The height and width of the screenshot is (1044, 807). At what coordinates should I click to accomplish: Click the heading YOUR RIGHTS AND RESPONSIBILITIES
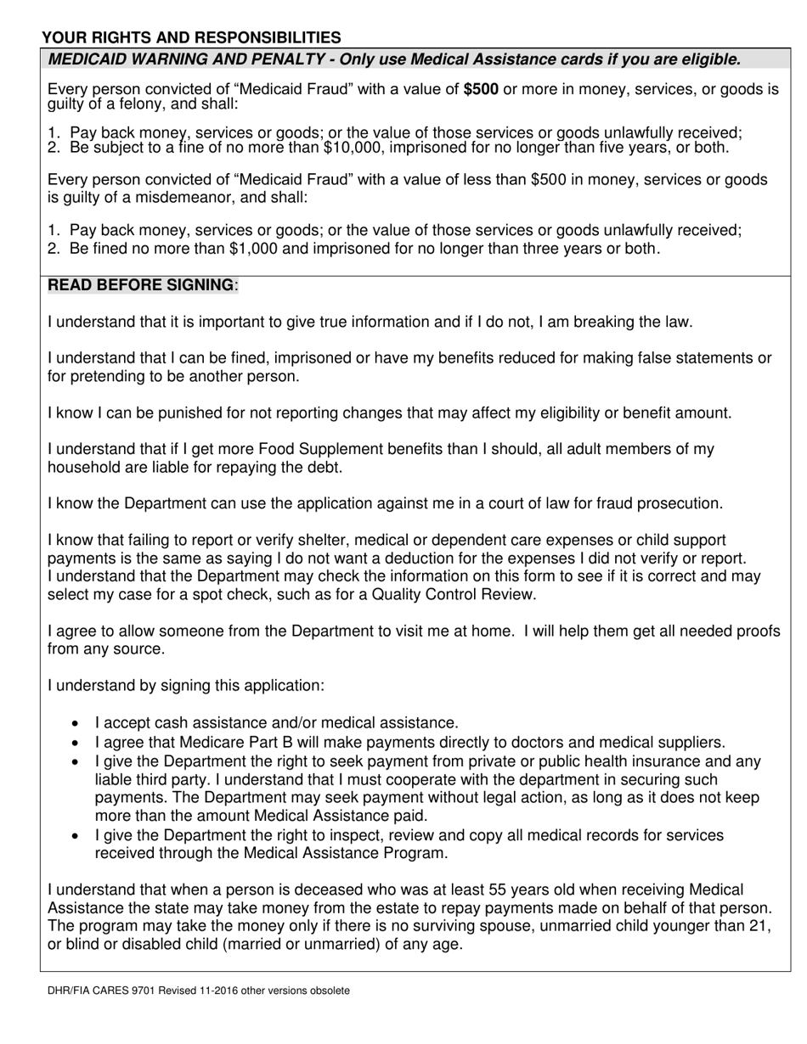(x=191, y=37)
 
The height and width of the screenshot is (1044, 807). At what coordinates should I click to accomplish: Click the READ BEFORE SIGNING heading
(x=141, y=285)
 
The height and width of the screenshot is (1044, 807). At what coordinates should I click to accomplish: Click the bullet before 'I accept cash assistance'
(x=76, y=724)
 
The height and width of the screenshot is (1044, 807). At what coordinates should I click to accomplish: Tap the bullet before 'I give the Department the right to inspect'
(x=76, y=836)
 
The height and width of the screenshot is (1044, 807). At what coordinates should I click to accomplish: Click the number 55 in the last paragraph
(x=498, y=890)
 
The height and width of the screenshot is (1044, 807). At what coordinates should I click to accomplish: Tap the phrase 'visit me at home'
(x=456, y=631)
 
